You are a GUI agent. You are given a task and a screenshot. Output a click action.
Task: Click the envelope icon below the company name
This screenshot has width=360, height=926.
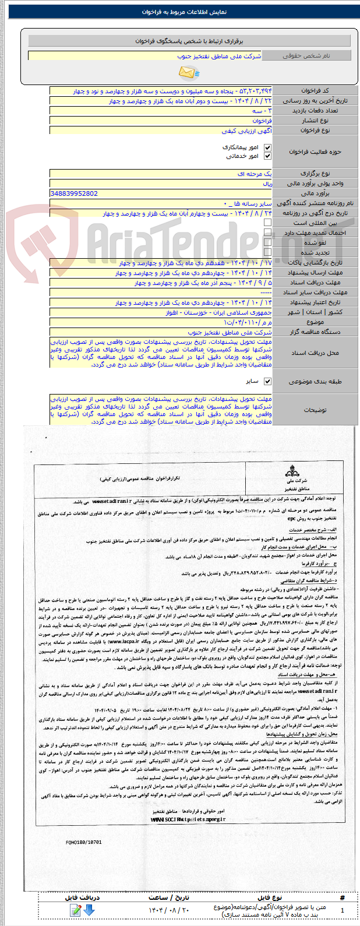click(x=188, y=72)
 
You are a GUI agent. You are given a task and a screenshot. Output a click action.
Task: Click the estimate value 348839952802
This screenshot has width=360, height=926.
click(x=74, y=193)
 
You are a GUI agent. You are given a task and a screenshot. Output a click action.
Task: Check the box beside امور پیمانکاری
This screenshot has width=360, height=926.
click(x=267, y=148)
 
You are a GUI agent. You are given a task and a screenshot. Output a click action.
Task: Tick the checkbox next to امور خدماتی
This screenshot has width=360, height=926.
click(x=267, y=156)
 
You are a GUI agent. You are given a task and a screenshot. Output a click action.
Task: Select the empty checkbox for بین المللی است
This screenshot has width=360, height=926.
click(x=267, y=223)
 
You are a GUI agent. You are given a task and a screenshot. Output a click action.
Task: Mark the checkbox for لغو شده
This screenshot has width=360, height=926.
click(x=267, y=242)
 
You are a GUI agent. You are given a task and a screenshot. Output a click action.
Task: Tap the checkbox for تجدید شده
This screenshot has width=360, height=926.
click(x=267, y=252)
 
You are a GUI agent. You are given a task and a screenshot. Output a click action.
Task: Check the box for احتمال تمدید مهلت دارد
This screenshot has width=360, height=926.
click(x=267, y=233)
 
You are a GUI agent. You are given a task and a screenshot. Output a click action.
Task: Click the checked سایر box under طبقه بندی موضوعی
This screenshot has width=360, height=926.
click(x=267, y=382)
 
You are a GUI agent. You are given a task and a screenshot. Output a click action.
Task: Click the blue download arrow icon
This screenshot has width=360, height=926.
click(x=89, y=910)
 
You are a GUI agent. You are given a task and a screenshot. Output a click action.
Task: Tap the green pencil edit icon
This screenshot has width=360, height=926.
click(x=75, y=910)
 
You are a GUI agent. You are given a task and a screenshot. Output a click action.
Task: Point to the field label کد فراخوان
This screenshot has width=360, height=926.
click(x=315, y=91)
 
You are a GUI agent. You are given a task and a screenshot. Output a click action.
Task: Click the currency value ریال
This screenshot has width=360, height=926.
click(x=267, y=184)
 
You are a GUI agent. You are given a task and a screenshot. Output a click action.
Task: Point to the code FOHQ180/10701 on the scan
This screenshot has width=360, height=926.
click(x=84, y=842)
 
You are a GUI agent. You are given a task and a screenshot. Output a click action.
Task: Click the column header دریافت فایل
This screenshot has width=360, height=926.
click(x=82, y=897)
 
